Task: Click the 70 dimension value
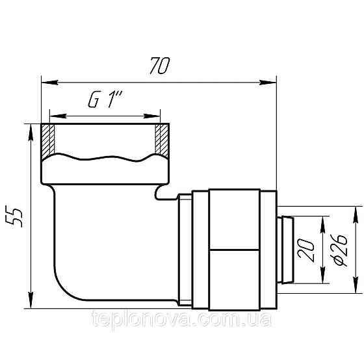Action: coord(160,66)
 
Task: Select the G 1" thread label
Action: coord(105,99)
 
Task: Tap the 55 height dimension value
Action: coord(14,218)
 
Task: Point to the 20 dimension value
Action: coord(306,250)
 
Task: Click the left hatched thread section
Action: coord(48,142)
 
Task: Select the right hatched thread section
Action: coord(162,141)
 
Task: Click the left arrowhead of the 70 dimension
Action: coord(49,83)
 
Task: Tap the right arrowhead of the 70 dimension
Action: coord(268,83)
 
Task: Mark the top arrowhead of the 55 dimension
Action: coord(31,133)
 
